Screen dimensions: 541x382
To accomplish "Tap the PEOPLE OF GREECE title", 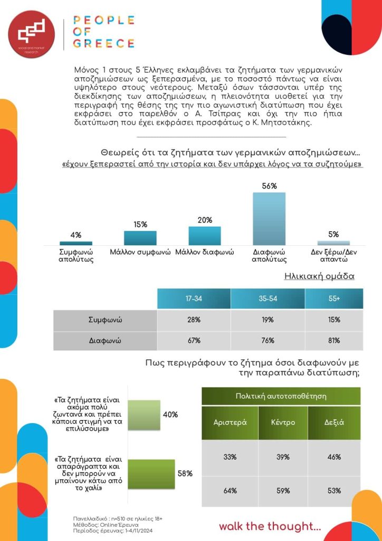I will [x=103, y=32].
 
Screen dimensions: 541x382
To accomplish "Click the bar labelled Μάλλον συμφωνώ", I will [x=140, y=238].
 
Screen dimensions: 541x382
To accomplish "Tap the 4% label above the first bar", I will [x=76, y=235].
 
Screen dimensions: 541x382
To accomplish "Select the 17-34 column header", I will [x=194, y=299].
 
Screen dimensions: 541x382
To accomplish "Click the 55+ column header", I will [x=334, y=299].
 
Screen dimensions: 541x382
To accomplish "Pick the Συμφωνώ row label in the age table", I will [x=105, y=320].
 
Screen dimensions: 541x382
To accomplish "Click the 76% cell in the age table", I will [x=268, y=340].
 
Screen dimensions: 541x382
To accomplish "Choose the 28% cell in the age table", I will [x=194, y=320].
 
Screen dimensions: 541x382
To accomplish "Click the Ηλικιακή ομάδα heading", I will [x=319, y=276].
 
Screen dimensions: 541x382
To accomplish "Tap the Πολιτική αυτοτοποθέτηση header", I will [x=281, y=396].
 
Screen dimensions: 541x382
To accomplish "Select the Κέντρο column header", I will [x=282, y=423].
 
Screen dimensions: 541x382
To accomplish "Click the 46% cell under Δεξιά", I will [x=334, y=457].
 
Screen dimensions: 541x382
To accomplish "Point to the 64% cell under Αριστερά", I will [x=230, y=491].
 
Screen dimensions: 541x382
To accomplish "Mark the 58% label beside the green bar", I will [x=185, y=473].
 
